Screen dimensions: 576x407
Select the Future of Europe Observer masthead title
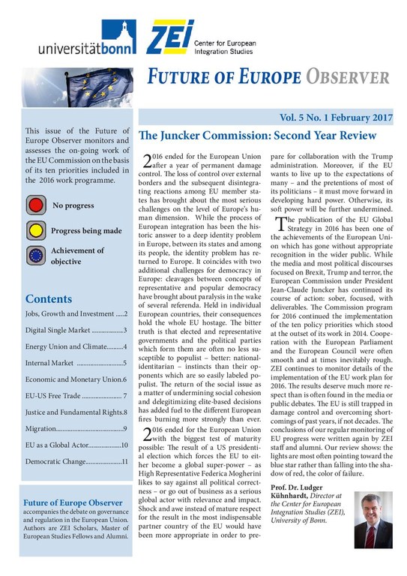click(266, 77)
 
